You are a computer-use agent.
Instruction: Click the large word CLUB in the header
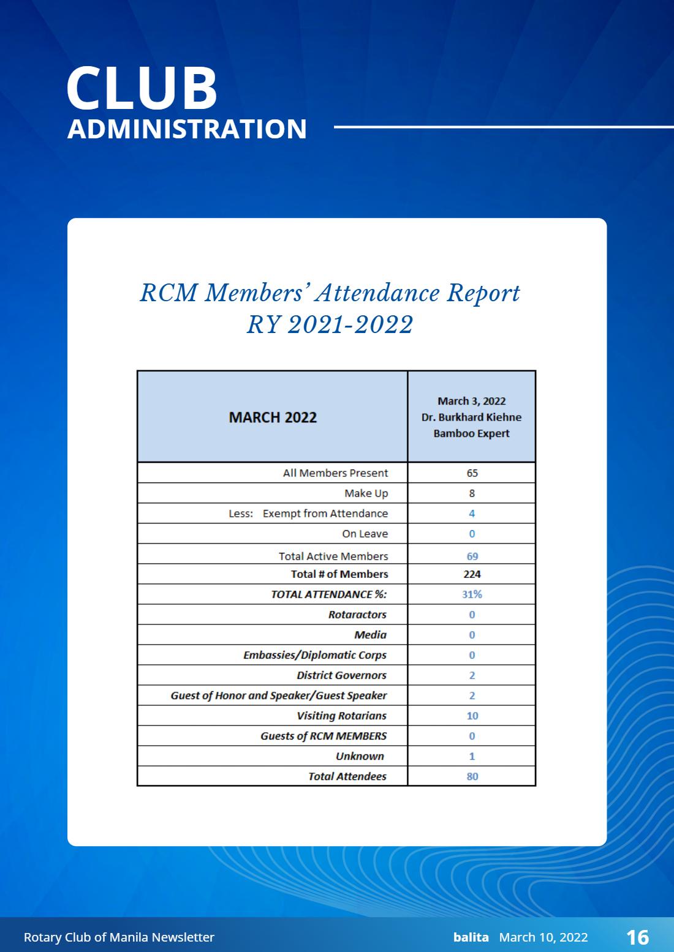click(142, 88)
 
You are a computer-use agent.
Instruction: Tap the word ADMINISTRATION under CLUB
click(187, 129)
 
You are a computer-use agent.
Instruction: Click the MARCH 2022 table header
click(273, 418)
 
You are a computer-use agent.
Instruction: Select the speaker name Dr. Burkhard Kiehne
click(471, 418)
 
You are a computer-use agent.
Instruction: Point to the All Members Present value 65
click(472, 473)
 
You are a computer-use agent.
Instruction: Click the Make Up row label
click(366, 493)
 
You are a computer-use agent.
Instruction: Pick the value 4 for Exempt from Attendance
click(472, 514)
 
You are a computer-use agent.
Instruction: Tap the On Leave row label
click(365, 534)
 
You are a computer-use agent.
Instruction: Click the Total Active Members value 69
click(472, 557)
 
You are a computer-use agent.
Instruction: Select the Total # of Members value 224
click(472, 574)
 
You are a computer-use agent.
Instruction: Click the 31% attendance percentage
click(472, 594)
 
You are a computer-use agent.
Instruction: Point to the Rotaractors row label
click(357, 615)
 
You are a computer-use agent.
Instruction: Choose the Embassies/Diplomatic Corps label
click(315, 655)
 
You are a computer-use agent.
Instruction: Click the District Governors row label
click(341, 675)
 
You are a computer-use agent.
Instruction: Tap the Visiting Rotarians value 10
click(472, 716)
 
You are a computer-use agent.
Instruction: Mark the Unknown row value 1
click(472, 756)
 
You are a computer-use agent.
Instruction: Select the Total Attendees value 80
click(472, 776)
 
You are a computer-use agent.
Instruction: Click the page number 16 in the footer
click(638, 937)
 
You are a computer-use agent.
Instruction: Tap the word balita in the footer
click(471, 937)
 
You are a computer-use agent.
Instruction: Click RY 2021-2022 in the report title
click(330, 324)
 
